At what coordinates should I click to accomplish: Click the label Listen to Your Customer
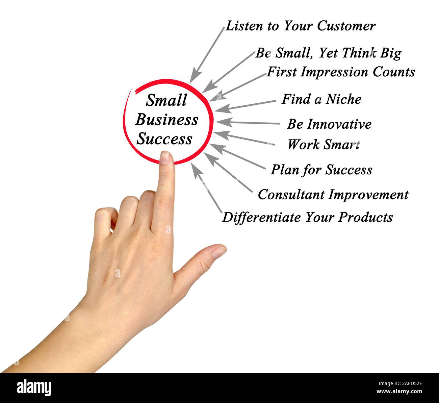pos(300,26)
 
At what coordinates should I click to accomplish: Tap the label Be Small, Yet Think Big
pos(328,53)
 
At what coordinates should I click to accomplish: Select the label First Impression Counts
pos(341,72)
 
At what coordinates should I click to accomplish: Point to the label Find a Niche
pos(321,99)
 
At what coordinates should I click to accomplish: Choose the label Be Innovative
pos(329,124)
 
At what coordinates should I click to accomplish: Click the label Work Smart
pos(323,145)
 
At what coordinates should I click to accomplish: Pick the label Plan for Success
pos(321,170)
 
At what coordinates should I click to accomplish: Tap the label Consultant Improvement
pos(333,195)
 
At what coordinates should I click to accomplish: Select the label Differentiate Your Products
pos(307,217)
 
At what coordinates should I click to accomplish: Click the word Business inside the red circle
pos(166,120)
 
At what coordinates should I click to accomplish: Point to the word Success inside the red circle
pos(164,139)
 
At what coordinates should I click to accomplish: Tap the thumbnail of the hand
pos(219,252)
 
